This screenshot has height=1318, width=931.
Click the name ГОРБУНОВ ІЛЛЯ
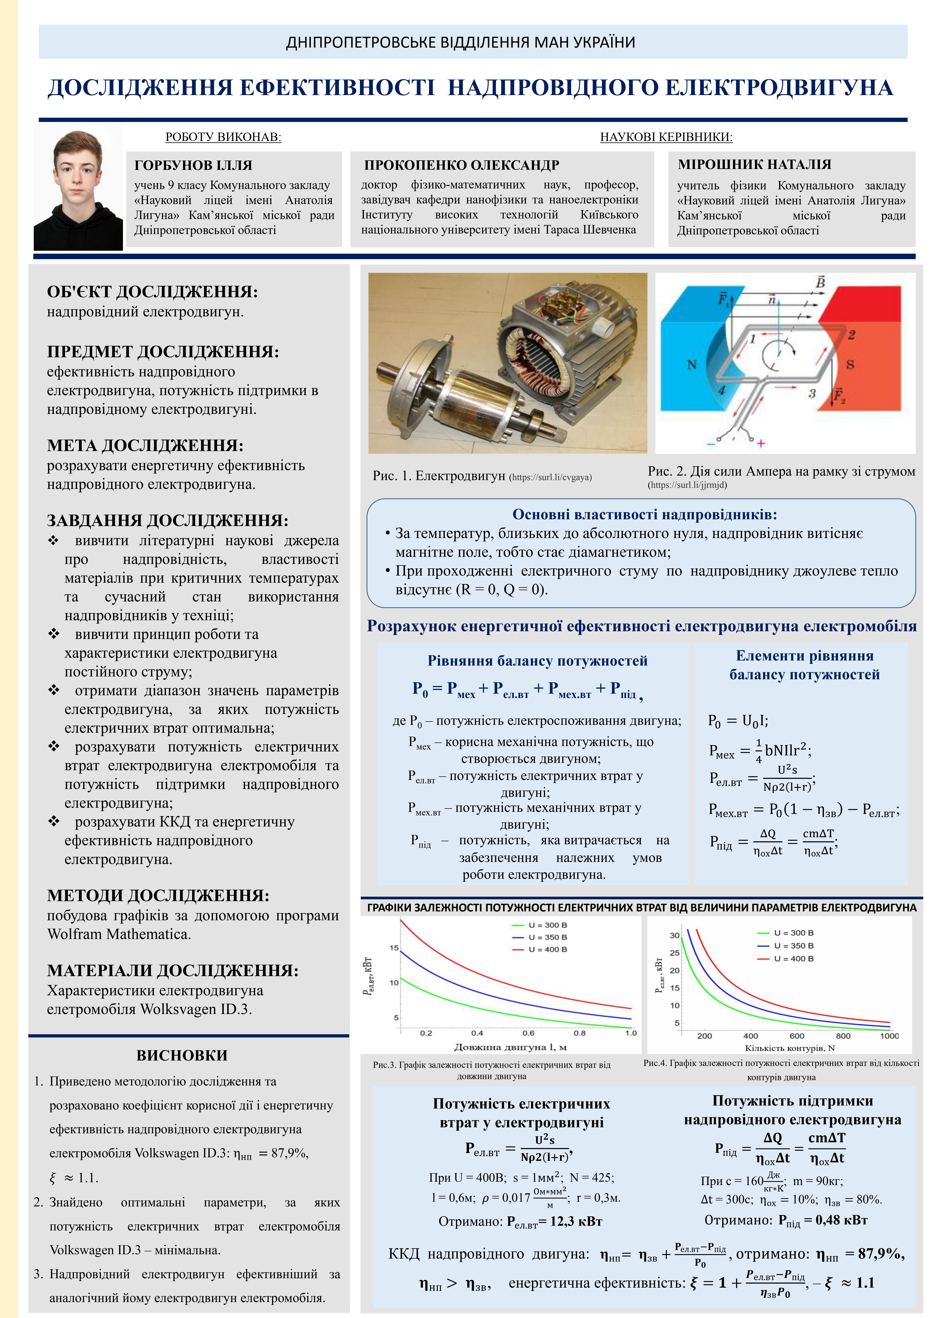193,165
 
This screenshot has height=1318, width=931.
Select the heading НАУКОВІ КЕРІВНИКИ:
666,137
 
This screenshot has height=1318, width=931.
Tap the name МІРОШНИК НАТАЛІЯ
754,164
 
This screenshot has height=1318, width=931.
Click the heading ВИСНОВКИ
182,1055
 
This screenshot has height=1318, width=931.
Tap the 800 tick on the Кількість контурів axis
843,1036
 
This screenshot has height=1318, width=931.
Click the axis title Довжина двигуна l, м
510,1047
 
